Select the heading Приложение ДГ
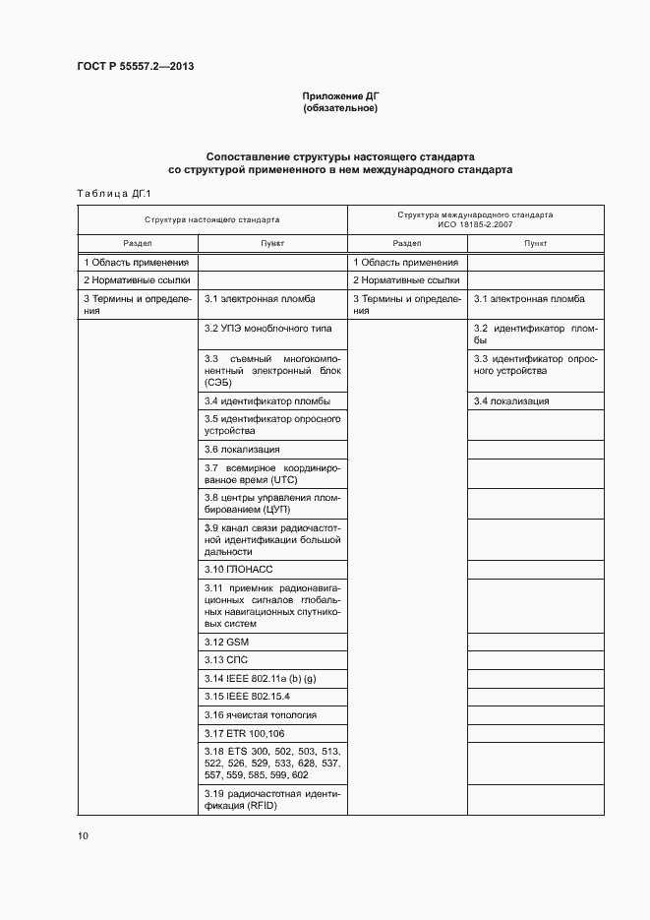point(339,96)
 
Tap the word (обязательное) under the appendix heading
point(339,108)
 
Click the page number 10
point(83,835)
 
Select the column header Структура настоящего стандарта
point(211,219)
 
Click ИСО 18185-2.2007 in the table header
point(475,224)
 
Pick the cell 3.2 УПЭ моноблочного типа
point(267,328)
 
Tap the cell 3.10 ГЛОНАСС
point(238,569)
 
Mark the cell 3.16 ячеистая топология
point(260,715)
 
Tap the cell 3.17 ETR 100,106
point(245,734)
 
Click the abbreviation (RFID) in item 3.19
point(263,806)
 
